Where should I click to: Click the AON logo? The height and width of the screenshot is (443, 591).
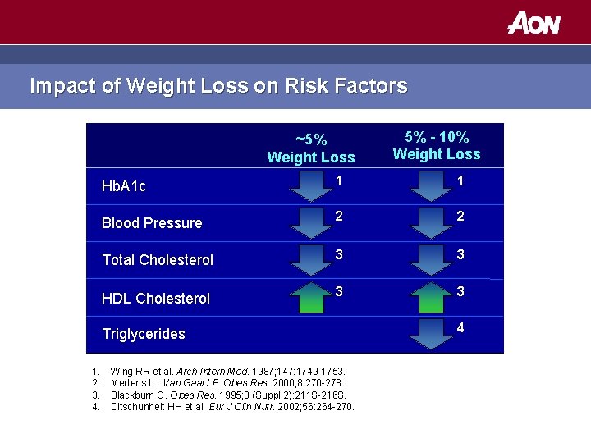click(534, 23)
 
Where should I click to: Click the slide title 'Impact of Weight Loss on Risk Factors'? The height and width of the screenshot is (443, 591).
click(218, 86)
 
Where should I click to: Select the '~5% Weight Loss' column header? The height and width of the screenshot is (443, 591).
click(311, 148)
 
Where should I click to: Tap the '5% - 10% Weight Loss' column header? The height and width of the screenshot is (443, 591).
click(437, 145)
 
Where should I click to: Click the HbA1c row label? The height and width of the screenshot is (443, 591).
click(124, 186)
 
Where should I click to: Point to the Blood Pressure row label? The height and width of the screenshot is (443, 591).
click(152, 223)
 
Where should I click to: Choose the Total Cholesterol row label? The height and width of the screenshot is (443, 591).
click(158, 260)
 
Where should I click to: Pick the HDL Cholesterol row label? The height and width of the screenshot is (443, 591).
click(156, 299)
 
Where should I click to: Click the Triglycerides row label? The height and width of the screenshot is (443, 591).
click(144, 334)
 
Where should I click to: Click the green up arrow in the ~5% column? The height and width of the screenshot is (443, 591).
click(311, 296)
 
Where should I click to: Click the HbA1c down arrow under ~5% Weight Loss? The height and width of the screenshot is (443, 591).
click(311, 186)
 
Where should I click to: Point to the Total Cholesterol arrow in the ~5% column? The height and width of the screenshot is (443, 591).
click(311, 259)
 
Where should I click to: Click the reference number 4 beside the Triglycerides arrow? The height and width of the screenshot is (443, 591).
click(460, 328)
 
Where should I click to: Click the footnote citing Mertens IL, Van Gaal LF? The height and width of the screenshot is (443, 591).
click(227, 382)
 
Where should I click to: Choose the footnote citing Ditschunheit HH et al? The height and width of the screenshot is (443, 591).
click(232, 405)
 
